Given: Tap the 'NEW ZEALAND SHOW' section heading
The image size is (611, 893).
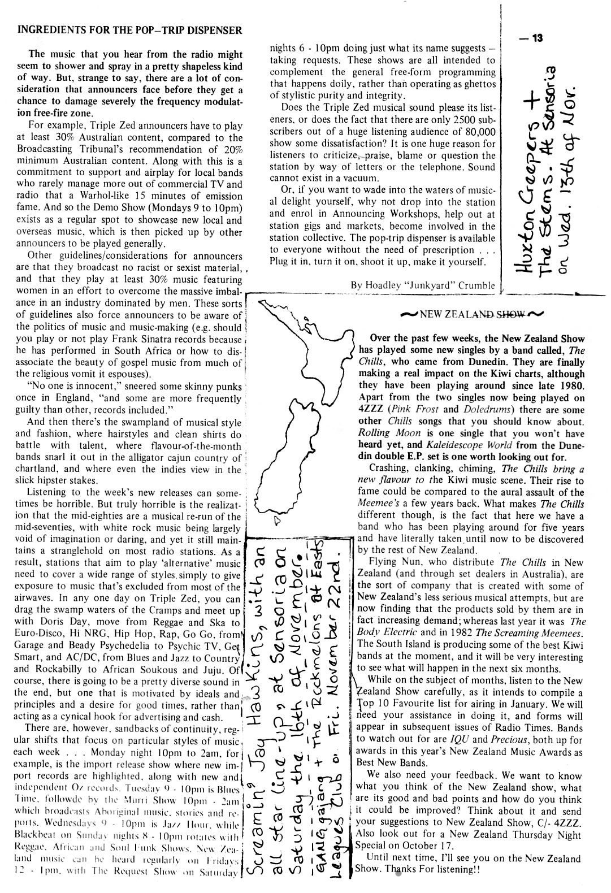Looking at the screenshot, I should coord(473,314).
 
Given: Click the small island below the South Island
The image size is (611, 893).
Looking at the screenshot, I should coord(277,521).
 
